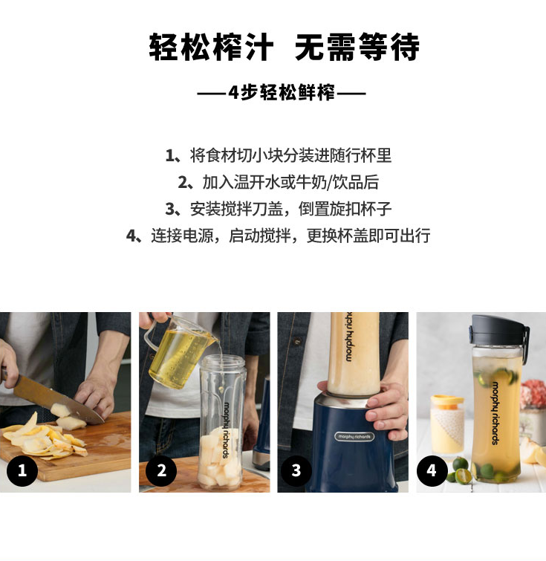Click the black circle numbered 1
click(22, 470)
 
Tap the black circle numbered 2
click(161, 470)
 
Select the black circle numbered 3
click(296, 470)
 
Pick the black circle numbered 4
click(432, 470)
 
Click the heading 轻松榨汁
click(212, 47)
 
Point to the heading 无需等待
click(357, 47)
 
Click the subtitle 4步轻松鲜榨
click(282, 93)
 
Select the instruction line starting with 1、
click(279, 155)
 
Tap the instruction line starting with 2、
click(279, 182)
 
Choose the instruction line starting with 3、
click(279, 209)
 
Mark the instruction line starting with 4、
click(279, 236)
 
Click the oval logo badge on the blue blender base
click(354, 436)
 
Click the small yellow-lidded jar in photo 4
click(447, 425)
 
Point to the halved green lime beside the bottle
click(463, 476)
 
